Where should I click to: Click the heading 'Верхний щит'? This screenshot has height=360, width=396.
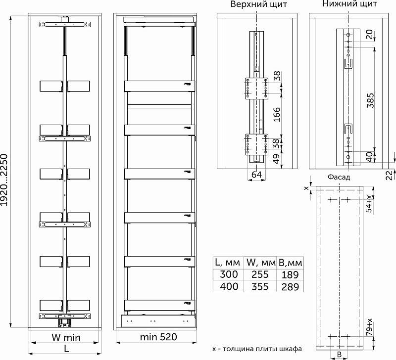pos(259,4)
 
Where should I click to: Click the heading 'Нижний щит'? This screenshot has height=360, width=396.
pos(350,4)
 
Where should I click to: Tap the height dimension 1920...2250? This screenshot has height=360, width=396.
pos(4,180)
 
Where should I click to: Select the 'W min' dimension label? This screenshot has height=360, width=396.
pos(66,337)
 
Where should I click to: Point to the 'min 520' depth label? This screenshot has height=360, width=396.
pos(158,337)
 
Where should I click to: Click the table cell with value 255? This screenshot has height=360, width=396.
pos(260,274)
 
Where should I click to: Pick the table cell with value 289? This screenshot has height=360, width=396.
pos(290,287)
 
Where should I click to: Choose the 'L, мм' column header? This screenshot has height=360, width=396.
pos(227,263)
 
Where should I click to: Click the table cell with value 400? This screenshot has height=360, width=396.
pos(229,287)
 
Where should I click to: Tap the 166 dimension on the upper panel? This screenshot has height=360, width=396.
pos(277,114)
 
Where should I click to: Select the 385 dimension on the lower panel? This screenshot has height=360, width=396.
pos(370,100)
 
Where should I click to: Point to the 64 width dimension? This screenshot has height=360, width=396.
pos(256,175)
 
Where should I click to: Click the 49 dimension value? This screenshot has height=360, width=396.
pos(277,159)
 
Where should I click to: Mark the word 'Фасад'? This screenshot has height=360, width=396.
pos(339,177)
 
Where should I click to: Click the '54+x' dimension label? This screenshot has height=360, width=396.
pos(369,203)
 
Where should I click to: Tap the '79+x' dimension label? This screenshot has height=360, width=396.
pos(369,327)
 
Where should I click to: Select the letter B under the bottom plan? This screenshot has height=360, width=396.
pos(339,355)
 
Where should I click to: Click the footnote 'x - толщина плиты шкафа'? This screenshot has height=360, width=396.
pos(257,349)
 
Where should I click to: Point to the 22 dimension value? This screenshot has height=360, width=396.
pos(390,176)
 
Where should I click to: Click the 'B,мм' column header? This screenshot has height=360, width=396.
pos(290,263)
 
